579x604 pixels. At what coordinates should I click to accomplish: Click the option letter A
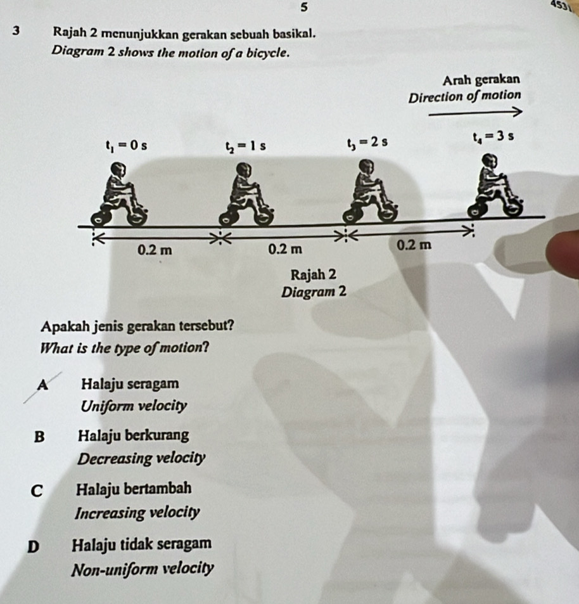43,385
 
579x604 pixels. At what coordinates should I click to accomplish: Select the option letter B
39,437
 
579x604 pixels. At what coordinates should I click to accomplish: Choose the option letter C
37,491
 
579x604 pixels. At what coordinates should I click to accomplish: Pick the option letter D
34,547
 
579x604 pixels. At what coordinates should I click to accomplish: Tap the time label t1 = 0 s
127,146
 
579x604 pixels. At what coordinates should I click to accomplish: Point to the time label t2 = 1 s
246,147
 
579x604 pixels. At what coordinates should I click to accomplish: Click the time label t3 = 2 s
367,143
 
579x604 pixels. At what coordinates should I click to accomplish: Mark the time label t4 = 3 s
493,137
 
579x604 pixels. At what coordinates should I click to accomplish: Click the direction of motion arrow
476,112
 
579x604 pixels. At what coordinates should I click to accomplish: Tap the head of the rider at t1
117,169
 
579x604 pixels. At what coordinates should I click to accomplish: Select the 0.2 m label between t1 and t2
155,250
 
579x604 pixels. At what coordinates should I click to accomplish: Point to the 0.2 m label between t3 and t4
414,245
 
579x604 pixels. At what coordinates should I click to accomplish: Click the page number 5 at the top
304,6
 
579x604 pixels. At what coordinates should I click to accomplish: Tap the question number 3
16,31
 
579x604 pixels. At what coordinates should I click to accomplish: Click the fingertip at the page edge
565,254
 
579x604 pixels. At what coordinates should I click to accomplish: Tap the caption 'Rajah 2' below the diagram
314,275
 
